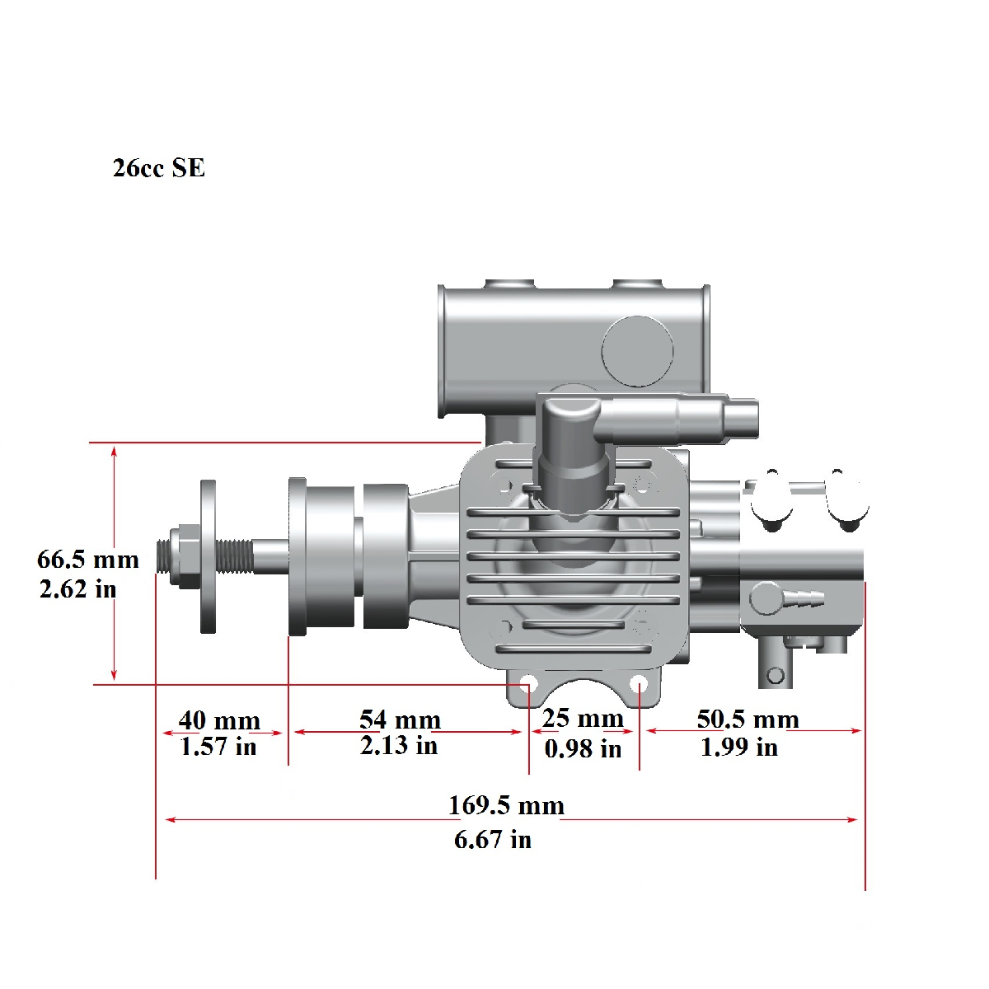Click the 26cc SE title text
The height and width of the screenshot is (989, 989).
point(158,168)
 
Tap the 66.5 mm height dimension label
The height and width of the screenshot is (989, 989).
point(87,560)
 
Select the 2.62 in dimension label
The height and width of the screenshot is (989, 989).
point(78,588)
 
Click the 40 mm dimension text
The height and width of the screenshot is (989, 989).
point(219,720)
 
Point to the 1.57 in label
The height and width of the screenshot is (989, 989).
point(218,746)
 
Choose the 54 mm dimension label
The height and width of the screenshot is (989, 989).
point(400,719)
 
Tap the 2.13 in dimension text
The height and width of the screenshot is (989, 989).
point(399,745)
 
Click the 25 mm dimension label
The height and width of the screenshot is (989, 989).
point(583,718)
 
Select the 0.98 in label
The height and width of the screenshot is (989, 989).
point(583,749)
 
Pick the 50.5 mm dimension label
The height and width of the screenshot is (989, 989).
point(748,719)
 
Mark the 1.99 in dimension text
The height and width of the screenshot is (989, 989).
point(739,747)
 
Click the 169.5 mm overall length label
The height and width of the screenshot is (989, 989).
point(506,805)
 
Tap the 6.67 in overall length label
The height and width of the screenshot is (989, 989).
point(493,840)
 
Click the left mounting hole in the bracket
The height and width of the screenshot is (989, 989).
point(528,683)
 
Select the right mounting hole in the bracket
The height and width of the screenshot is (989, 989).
point(639,683)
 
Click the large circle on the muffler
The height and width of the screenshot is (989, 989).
point(637,351)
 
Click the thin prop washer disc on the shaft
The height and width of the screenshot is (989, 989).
point(208,556)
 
